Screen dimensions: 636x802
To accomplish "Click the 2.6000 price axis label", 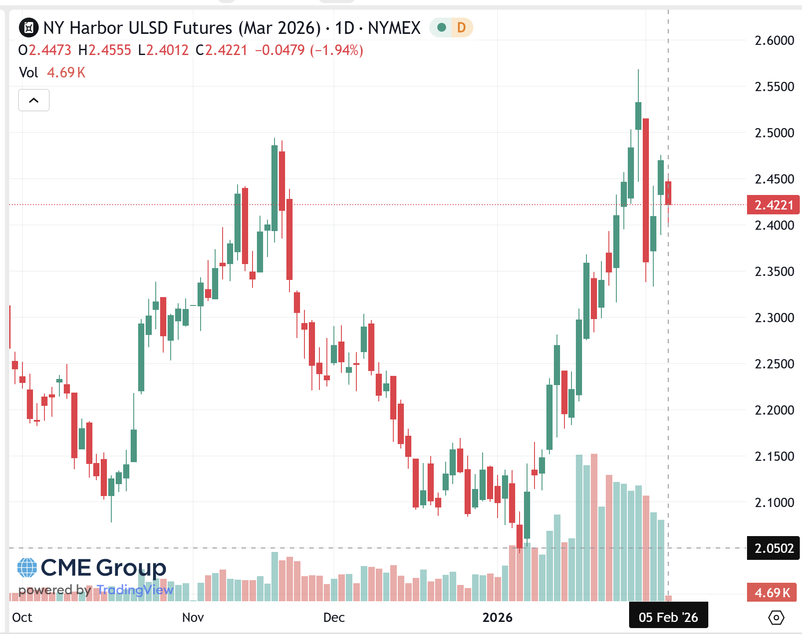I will pos(774,40).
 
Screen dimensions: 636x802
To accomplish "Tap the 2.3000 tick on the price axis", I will pos(774,317).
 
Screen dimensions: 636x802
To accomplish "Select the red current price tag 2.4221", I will pos(773,205).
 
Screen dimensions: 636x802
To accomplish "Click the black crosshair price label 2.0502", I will pos(773,548).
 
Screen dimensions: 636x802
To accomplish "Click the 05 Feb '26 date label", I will pos(668,617).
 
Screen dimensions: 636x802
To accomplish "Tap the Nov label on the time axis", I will pos(193,617).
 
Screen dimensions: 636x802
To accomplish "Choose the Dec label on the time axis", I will pos(333,617).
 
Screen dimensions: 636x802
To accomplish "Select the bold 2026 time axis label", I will pos(497,617).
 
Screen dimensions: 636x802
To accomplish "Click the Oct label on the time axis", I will pos(22,617).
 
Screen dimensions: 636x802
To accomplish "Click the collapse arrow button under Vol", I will pos(33,100).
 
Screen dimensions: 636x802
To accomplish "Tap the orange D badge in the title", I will pos(461,28).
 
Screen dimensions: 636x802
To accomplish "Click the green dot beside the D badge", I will pos(442,28).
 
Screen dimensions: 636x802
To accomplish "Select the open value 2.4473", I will pos(50,50).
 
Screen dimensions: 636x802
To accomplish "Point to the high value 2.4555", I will pos(110,50).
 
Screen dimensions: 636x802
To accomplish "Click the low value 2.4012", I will pos(167,50).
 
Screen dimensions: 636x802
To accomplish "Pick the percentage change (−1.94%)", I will pos(337,50).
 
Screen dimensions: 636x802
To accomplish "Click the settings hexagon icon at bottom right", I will pos(776,618).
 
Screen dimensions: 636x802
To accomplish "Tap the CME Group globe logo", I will pos(27,568).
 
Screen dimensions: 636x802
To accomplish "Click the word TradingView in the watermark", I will pos(135,590).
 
